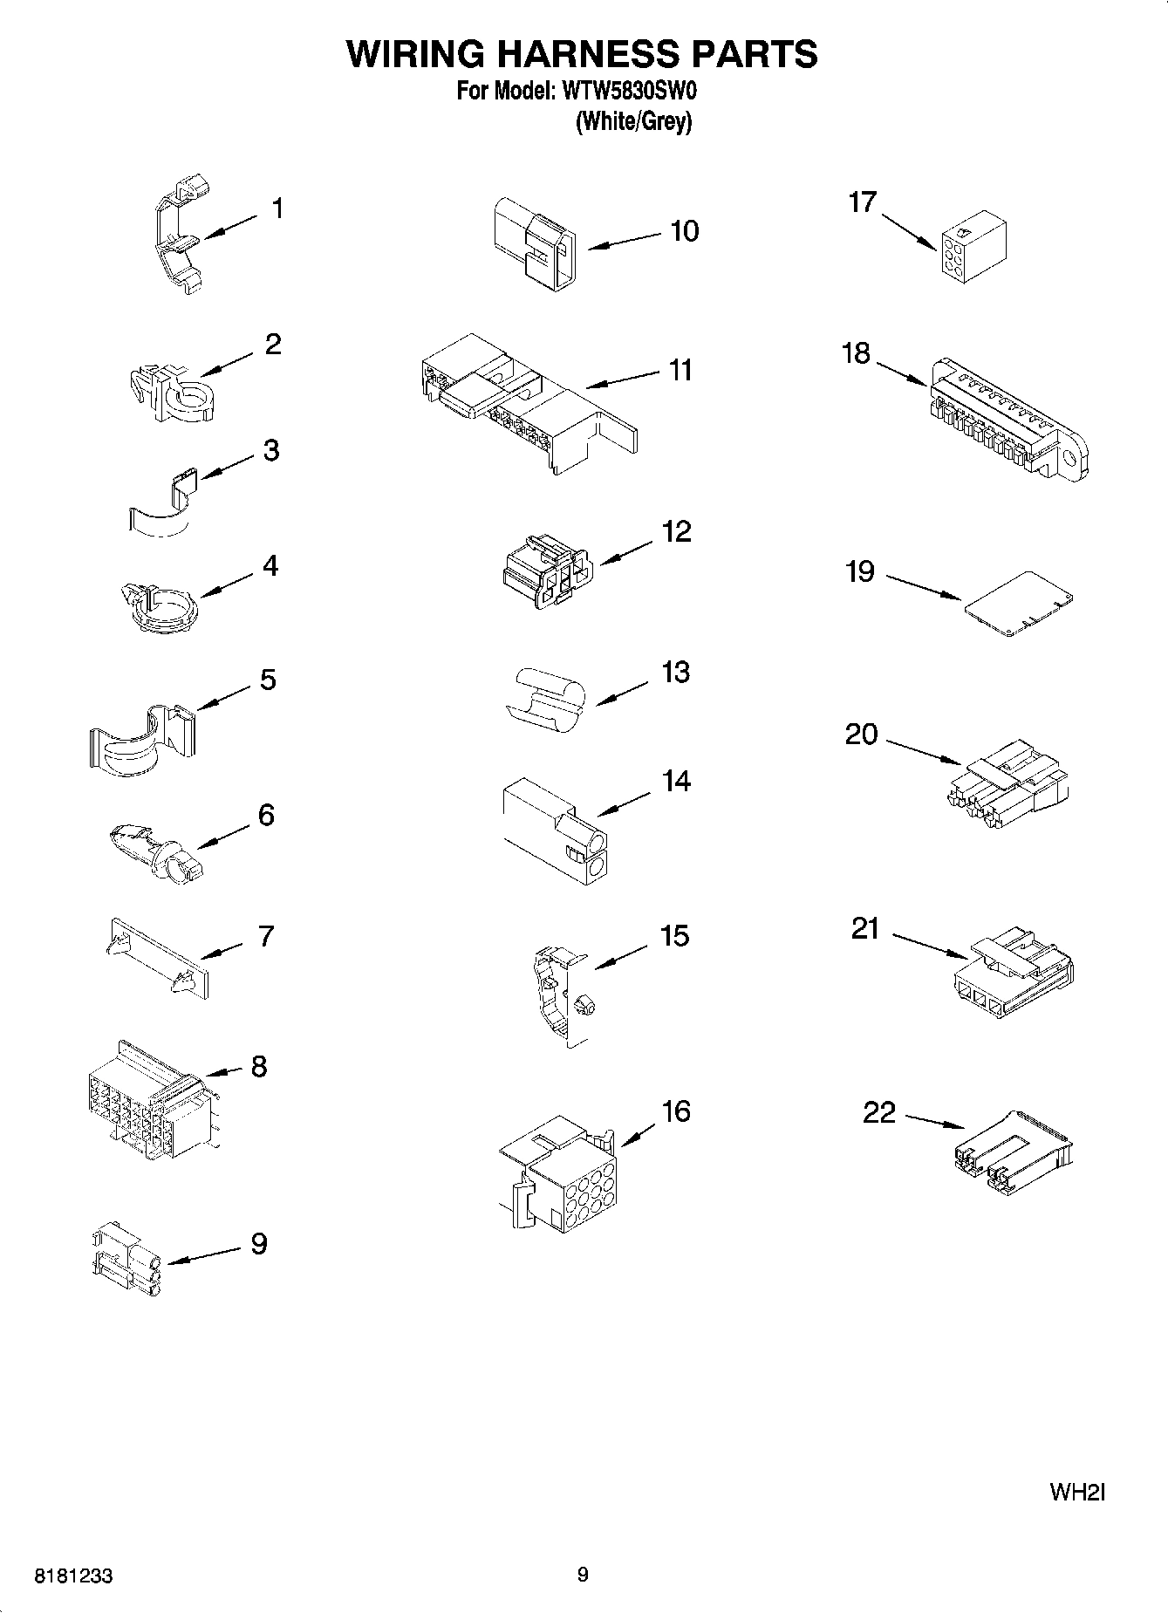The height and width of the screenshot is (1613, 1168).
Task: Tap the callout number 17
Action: click(x=862, y=202)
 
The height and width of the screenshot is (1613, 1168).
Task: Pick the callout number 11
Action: click(x=680, y=370)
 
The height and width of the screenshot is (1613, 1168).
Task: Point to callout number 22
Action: click(x=879, y=1112)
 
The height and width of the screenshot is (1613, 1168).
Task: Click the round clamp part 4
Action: click(x=160, y=605)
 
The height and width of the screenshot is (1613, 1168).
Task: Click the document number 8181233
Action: click(x=73, y=1576)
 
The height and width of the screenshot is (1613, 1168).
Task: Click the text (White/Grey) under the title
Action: click(x=633, y=122)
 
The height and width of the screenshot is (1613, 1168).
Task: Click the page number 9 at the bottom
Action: click(x=583, y=1574)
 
